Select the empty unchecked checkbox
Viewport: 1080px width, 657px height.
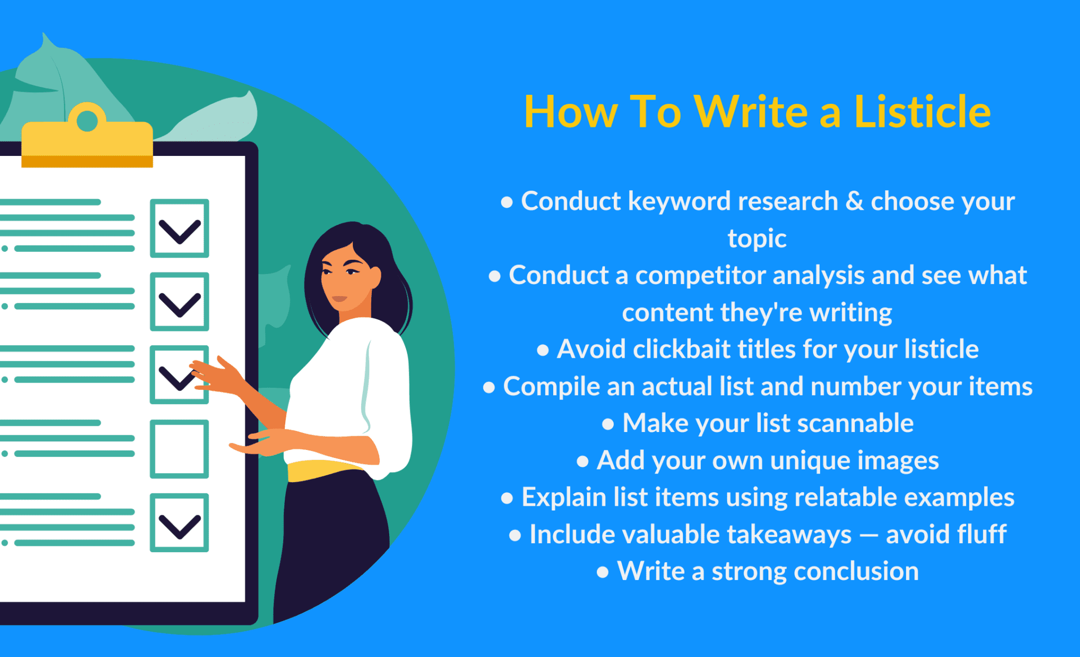point(179,449)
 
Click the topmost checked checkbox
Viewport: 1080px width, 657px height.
point(179,228)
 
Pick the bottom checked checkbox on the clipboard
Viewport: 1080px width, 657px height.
point(179,523)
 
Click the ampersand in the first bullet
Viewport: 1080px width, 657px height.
point(854,201)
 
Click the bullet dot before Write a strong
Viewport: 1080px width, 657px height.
point(602,573)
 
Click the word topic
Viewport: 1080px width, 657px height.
point(757,239)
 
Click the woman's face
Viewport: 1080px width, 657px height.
point(345,277)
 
